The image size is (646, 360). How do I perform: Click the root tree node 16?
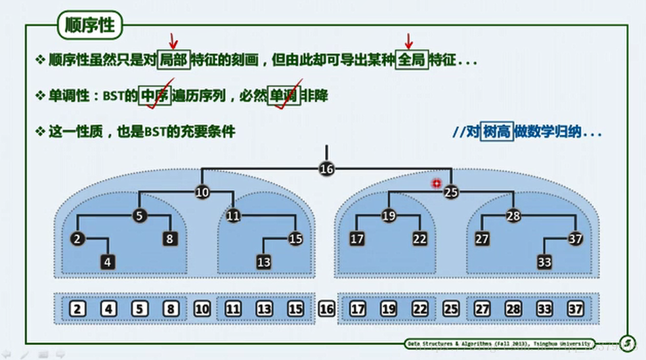pos(327,169)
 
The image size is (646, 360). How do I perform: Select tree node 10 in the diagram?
pos(202,193)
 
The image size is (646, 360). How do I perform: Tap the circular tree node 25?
pos(452,193)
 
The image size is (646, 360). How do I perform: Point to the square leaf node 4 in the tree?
pos(108,261)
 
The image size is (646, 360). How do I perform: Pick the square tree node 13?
pos(265,261)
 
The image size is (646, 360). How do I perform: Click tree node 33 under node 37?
pos(544,261)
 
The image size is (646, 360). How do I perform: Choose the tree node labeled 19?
pos(389,217)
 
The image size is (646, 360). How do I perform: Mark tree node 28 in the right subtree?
pos(513,217)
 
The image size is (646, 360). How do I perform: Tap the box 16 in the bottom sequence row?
pos(327,309)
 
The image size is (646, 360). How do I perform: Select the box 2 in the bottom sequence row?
pos(77,309)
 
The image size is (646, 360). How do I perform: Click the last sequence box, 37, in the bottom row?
pos(576,309)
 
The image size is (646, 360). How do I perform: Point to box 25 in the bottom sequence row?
pos(451,309)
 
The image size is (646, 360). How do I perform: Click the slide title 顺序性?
pos(90,25)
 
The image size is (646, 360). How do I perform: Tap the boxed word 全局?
pos(412,60)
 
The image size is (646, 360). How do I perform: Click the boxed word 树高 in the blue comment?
pos(496,133)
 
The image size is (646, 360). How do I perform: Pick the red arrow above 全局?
pos(408,41)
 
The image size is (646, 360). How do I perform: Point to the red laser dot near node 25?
pos(437,183)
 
